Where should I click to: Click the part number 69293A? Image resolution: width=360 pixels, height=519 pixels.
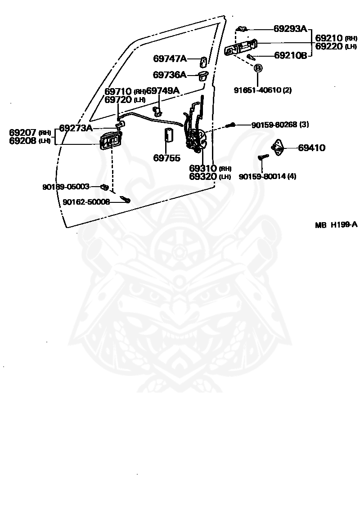290,29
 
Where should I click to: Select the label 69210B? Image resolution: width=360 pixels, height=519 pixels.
290,55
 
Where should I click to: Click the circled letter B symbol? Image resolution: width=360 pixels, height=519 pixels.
258,68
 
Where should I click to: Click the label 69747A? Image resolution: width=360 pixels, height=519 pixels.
170,58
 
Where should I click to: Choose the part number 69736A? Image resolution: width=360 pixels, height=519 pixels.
170,75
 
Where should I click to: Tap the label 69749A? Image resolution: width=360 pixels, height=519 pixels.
163,90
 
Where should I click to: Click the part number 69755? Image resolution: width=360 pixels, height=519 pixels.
167,158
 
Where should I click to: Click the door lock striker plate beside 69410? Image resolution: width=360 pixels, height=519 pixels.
278,147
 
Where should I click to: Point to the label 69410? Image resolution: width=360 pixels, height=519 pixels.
312,148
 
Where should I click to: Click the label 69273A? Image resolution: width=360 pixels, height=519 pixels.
76,128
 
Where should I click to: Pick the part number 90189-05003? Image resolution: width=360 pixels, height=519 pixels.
66,187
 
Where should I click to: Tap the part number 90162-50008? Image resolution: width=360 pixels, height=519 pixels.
86,201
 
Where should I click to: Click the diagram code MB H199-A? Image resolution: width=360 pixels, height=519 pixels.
336,225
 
